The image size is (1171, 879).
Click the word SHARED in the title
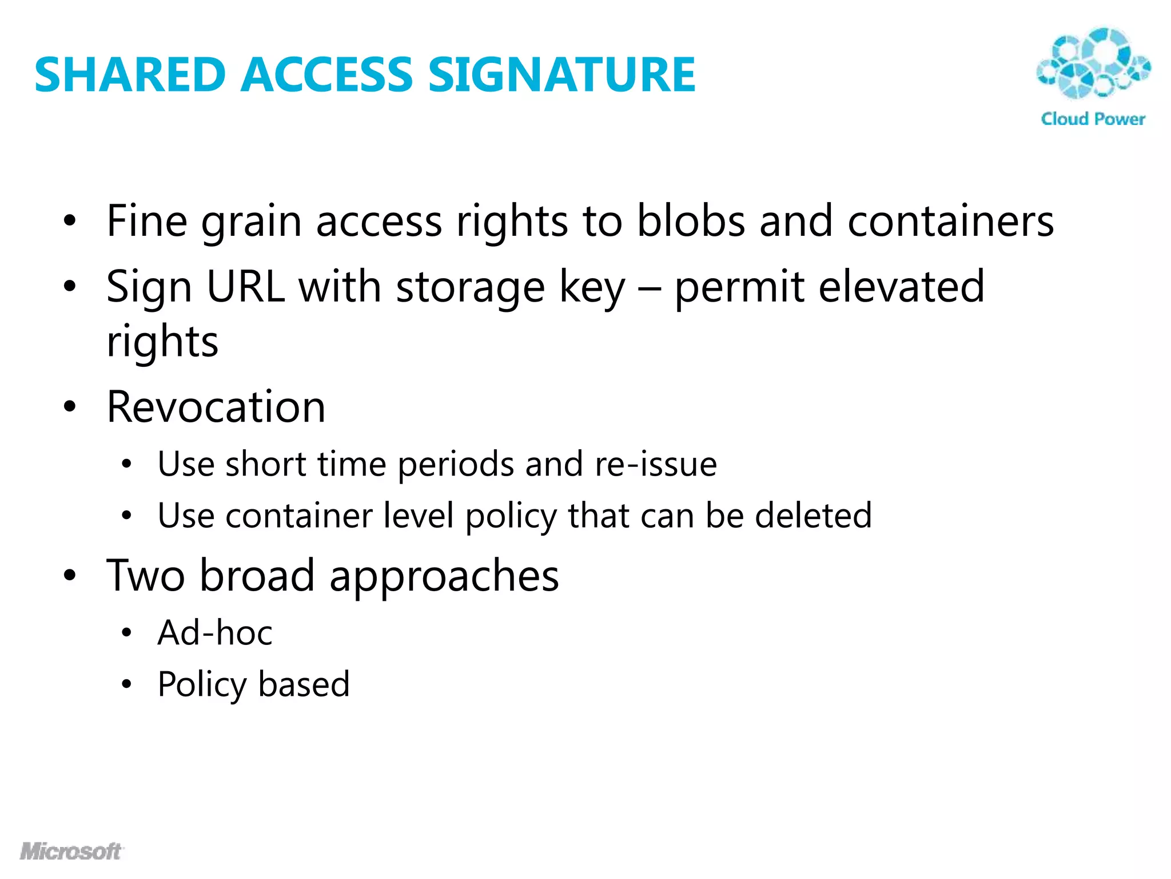click(130, 75)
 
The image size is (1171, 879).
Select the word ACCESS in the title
click(326, 75)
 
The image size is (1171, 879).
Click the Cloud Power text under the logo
click(1093, 119)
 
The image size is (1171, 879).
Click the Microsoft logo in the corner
click(71, 852)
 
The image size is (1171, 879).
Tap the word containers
click(950, 221)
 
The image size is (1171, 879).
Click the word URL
click(246, 287)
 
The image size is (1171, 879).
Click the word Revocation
click(216, 407)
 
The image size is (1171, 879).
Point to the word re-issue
click(656, 464)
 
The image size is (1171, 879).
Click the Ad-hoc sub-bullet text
click(215, 633)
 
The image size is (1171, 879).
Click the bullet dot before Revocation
click(70, 407)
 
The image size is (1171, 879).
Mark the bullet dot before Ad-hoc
click(126, 633)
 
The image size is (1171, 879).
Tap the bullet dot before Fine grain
click(70, 221)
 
